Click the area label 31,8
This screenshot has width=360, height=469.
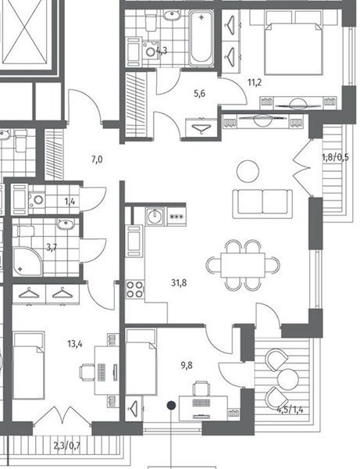(179, 282)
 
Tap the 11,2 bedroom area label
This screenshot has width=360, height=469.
(255, 82)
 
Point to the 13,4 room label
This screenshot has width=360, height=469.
(75, 344)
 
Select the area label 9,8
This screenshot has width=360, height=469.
(187, 365)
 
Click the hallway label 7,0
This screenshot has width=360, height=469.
(97, 159)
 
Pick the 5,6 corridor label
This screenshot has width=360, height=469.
(200, 94)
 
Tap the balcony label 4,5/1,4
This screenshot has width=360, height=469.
(290, 409)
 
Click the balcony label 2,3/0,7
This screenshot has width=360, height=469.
(67, 446)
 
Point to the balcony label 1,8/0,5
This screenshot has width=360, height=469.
(335, 157)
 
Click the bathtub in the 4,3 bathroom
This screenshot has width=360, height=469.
(201, 38)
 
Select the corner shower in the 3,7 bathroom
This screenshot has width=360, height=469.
(27, 262)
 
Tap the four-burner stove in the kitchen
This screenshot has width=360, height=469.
(135, 289)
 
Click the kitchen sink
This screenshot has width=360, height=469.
(155, 217)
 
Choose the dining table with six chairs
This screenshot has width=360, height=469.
(243, 265)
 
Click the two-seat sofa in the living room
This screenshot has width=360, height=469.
(262, 204)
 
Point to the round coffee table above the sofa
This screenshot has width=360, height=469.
(248, 171)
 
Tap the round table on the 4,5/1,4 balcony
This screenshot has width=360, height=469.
(288, 379)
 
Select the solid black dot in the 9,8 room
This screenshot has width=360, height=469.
(171, 406)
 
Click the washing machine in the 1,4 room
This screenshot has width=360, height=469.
(37, 199)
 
